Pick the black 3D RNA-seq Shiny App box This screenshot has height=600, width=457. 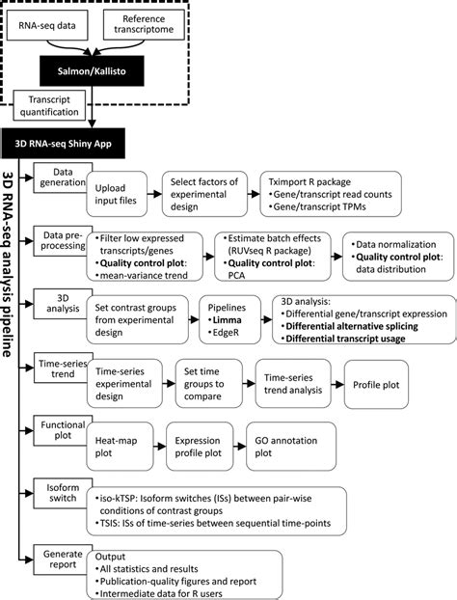point(66,142)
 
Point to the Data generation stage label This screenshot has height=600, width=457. point(60,177)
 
